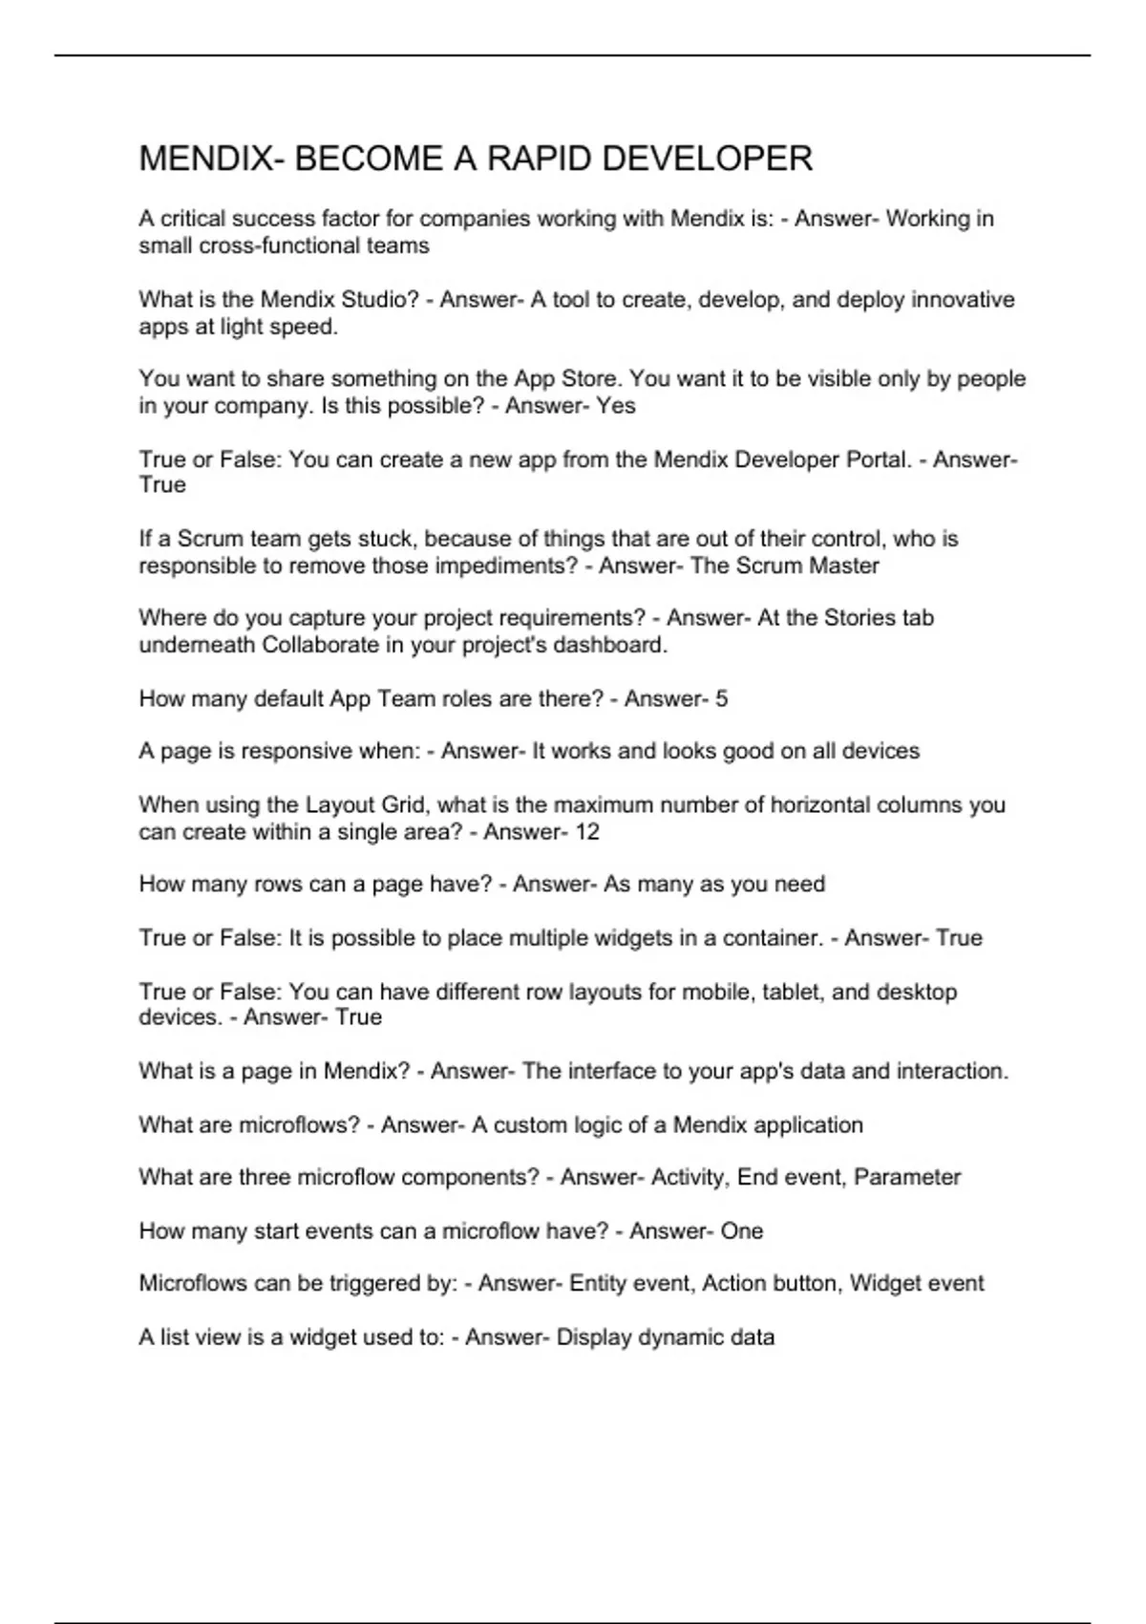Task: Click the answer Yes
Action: pyautogui.click(x=616, y=406)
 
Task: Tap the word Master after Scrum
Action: pyautogui.click(x=844, y=566)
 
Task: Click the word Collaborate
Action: pyautogui.click(x=321, y=645)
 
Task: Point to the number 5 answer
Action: pyautogui.click(x=721, y=699)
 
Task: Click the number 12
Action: pyautogui.click(x=586, y=832)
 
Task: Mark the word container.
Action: pyautogui.click(x=773, y=938)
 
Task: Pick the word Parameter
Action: pyautogui.click(x=907, y=1177)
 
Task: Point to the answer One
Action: pyautogui.click(x=741, y=1231)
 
